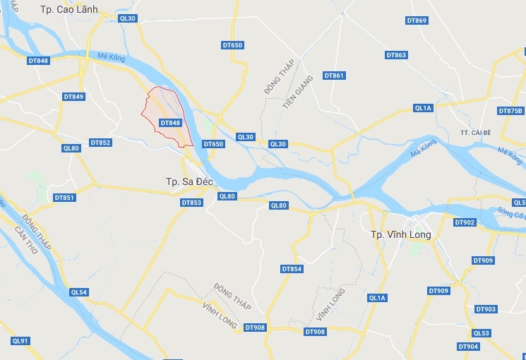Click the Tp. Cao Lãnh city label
[69, 9]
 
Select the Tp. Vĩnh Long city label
[401, 234]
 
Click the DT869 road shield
[417, 20]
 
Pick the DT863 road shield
[397, 55]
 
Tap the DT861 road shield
[334, 76]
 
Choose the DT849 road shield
[73, 97]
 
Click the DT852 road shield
[100, 143]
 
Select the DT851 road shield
[64, 198]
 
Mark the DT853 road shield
[191, 203]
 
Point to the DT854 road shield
[292, 269]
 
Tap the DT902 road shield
[465, 222]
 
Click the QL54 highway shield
[79, 292]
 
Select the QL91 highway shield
[20, 341]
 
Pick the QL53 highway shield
[481, 333]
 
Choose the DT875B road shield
[510, 111]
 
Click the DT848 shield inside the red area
[171, 122]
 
